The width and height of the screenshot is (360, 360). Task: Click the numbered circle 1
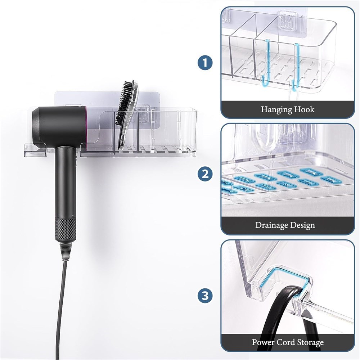point(205,63)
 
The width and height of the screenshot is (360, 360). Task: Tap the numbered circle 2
point(205,174)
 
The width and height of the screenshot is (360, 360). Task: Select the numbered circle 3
point(205,295)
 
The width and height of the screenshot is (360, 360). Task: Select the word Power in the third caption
point(263,342)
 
